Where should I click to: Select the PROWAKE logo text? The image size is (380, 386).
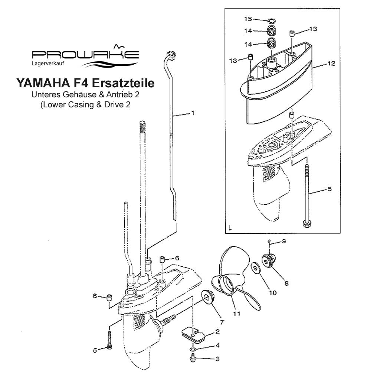pyautogui.click(x=85, y=55)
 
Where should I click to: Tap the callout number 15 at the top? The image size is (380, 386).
pyautogui.click(x=248, y=19)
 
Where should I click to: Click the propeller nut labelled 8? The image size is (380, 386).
pyautogui.click(x=271, y=260)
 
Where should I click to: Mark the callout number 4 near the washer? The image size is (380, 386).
pyautogui.click(x=217, y=345)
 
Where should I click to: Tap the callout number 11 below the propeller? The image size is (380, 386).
pyautogui.click(x=236, y=314)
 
